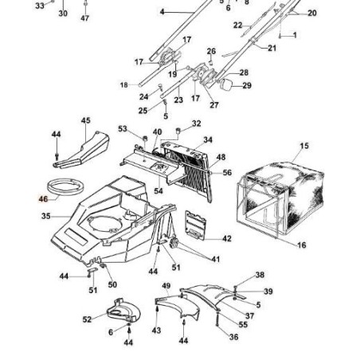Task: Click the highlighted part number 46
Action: click(44, 202)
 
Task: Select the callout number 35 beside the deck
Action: click(45, 216)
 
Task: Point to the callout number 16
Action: click(302, 246)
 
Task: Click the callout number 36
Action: click(233, 337)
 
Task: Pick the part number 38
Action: click(259, 275)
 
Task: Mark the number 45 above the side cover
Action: click(85, 120)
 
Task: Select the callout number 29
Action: click(247, 85)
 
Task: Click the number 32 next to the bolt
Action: click(197, 123)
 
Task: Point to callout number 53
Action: click(123, 128)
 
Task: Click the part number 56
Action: click(227, 173)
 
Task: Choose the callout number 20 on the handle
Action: click(311, 14)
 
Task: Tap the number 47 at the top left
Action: click(85, 18)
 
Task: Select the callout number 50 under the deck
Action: click(112, 284)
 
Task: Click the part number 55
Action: click(243, 326)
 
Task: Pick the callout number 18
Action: click(123, 84)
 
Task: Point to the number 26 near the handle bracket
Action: click(211, 52)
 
